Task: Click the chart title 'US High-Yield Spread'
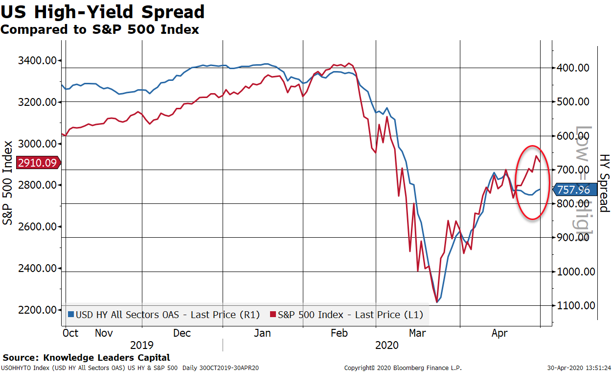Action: [x=103, y=12]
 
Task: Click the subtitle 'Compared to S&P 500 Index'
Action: [x=100, y=29]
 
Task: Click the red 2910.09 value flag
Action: [x=38, y=163]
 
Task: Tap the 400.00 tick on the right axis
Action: [x=573, y=68]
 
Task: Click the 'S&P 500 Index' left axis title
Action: [x=8, y=183]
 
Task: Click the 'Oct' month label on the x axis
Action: [x=71, y=333]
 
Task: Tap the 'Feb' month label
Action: [x=339, y=333]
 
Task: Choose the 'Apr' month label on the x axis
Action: [x=499, y=333]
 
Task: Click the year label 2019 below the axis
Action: [x=142, y=345]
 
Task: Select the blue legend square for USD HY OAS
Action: [x=71, y=315]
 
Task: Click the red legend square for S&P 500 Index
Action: [x=273, y=315]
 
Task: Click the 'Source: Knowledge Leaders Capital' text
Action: [x=86, y=358]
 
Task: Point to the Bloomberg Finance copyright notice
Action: [x=403, y=368]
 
